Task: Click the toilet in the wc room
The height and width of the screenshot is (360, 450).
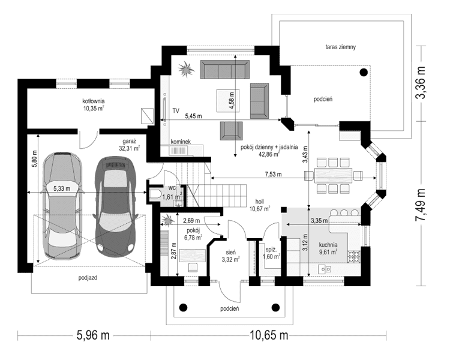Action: (x=155, y=194)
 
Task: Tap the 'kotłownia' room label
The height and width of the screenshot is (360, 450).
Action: (x=94, y=101)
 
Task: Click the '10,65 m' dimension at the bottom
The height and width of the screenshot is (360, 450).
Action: (x=269, y=335)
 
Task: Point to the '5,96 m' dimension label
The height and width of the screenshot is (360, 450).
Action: (x=93, y=335)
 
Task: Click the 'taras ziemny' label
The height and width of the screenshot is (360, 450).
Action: (x=341, y=47)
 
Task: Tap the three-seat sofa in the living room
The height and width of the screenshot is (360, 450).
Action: (x=225, y=69)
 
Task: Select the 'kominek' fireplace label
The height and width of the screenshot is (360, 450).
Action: (x=181, y=142)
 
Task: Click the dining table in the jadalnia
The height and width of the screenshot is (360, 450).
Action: (x=334, y=175)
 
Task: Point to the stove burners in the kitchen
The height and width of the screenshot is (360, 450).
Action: (x=354, y=257)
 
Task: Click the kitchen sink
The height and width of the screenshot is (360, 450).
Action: (x=325, y=269)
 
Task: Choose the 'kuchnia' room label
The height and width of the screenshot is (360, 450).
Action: (x=328, y=245)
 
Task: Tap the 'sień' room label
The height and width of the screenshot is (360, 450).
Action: (x=231, y=253)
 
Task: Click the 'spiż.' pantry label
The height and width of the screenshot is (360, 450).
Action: (x=271, y=250)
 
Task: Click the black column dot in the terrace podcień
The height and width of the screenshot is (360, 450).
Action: (x=364, y=72)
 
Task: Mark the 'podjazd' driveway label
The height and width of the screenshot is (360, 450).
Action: (x=88, y=278)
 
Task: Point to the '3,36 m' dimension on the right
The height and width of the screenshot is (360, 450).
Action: (x=421, y=83)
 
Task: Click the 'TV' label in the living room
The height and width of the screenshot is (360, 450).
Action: (x=176, y=110)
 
